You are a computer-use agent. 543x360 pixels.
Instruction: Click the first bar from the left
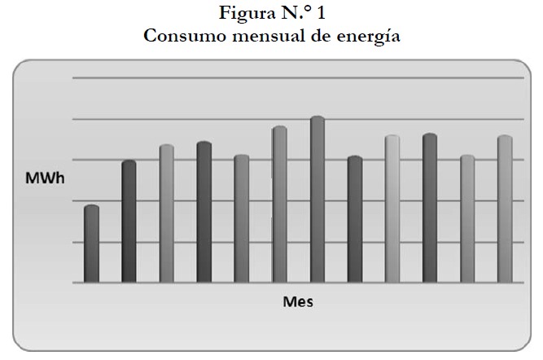pos(91,244)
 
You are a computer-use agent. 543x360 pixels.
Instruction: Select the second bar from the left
pos(129,222)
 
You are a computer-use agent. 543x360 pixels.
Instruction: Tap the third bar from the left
pos(166,213)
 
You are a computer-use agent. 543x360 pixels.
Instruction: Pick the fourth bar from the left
pos(204,212)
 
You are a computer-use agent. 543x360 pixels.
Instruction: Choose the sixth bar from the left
pos(279,204)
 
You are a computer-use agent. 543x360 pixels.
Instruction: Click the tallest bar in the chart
pos(317,200)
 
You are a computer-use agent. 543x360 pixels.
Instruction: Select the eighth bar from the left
pos(354,219)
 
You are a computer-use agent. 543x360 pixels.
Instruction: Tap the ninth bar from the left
pos(392,209)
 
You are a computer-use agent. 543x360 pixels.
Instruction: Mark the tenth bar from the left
pos(429,208)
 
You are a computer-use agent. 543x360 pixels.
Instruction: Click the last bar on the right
pos(504,209)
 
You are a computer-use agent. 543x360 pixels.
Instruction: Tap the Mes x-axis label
pos(298,301)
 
